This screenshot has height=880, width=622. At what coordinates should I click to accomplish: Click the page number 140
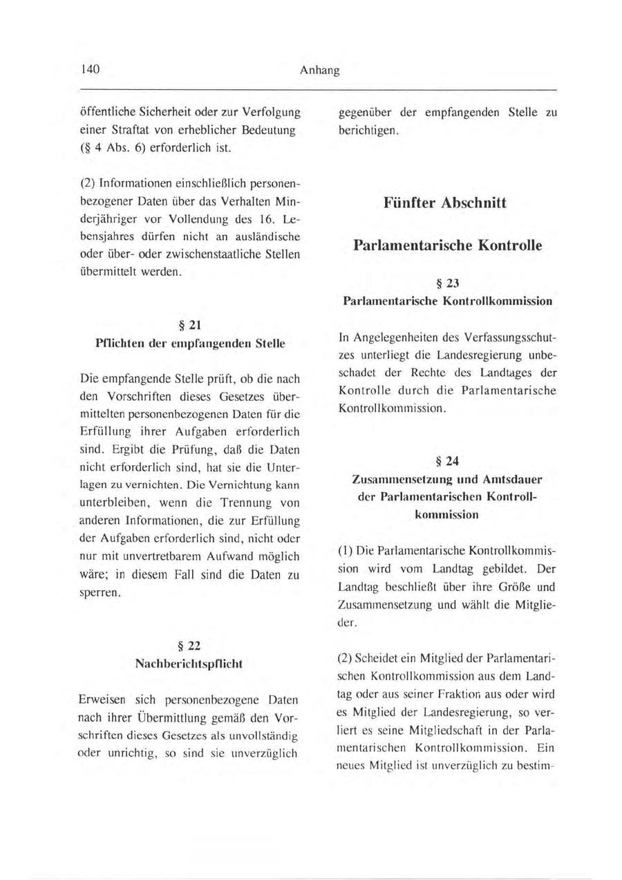(91, 71)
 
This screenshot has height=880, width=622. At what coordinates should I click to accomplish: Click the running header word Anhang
(320, 71)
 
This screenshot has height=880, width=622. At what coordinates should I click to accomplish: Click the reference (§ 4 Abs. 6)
(123, 147)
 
